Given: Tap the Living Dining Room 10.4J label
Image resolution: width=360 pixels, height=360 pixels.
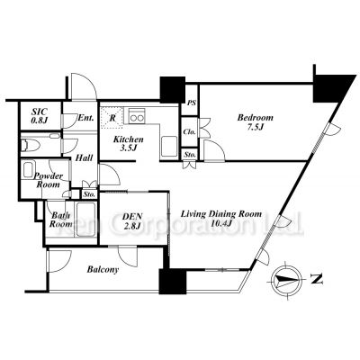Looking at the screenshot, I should click(220, 219).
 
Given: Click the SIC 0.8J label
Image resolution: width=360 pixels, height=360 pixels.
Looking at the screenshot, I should click(39, 115).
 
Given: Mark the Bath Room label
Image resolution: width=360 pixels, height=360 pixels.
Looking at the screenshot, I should click(61, 220).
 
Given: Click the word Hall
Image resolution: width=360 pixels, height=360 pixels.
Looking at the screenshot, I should click(85, 158).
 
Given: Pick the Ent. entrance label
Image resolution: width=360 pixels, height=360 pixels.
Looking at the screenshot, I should click(85, 118).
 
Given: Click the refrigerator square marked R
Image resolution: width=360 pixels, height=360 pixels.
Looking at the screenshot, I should click(112, 116).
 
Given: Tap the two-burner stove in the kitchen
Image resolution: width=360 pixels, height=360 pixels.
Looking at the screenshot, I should click(138, 115).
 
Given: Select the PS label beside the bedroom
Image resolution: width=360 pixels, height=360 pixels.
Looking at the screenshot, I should click(192, 104).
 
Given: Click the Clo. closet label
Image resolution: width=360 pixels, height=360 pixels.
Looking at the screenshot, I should click(190, 132).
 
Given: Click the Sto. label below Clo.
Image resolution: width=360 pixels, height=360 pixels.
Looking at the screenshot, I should click(191, 155).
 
